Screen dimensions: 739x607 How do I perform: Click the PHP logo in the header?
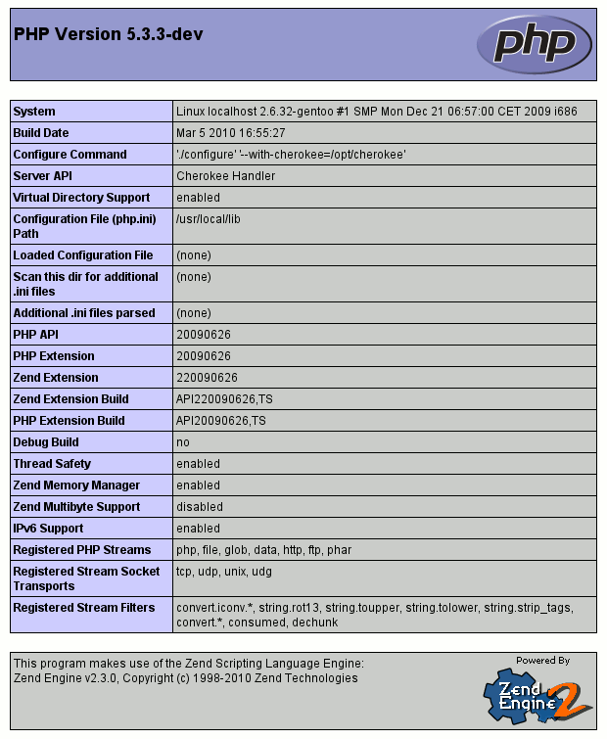click(x=535, y=44)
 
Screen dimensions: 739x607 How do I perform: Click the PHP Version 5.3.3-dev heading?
click(x=109, y=35)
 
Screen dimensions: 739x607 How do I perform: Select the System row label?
click(x=34, y=112)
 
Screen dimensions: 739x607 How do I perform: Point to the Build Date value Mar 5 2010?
click(x=230, y=133)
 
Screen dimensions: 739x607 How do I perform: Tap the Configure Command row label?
click(x=70, y=155)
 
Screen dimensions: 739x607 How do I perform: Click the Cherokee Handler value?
click(x=225, y=176)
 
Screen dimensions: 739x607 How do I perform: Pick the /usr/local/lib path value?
click(x=208, y=219)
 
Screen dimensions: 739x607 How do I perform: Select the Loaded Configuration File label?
click(x=83, y=255)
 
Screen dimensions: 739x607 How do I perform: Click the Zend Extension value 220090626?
click(x=207, y=378)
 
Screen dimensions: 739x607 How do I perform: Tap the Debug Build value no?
click(x=183, y=442)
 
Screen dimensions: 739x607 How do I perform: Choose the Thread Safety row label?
click(x=52, y=464)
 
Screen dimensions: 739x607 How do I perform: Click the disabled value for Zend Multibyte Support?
click(x=200, y=507)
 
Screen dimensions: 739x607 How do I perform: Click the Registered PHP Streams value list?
click(x=263, y=550)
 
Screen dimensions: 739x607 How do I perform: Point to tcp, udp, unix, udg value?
click(x=225, y=572)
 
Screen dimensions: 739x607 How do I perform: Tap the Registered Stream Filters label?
click(x=83, y=608)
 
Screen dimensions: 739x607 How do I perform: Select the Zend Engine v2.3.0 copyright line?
click(x=186, y=678)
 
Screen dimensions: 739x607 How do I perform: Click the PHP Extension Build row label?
click(x=69, y=421)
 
